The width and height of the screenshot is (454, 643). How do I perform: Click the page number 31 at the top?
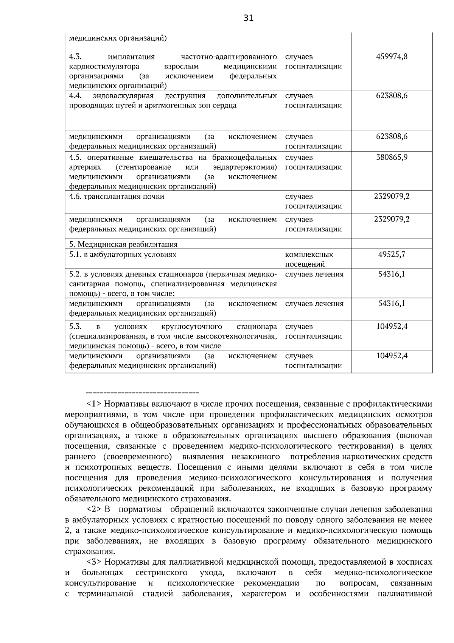coord(249,18)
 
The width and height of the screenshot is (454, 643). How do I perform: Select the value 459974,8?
coord(392,57)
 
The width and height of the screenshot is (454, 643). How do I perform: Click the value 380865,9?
coord(392,158)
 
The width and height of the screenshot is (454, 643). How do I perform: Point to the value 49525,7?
coord(392,254)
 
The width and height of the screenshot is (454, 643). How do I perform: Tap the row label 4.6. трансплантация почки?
coord(117,197)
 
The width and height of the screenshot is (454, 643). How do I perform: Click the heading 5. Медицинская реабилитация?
coord(123,244)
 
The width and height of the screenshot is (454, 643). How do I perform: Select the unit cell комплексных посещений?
coord(309,259)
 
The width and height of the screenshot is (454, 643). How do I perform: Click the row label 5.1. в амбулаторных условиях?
coord(123,254)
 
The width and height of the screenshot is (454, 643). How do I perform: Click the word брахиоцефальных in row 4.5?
coord(244,158)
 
